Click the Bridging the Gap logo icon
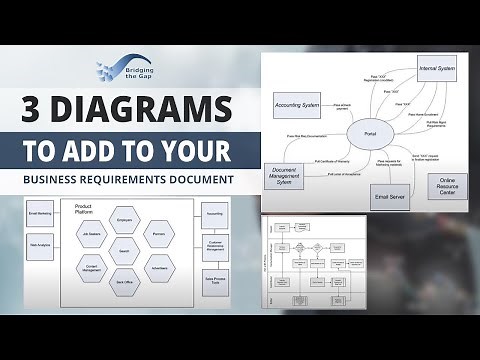point(109,72)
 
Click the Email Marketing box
point(41,213)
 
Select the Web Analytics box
point(41,244)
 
